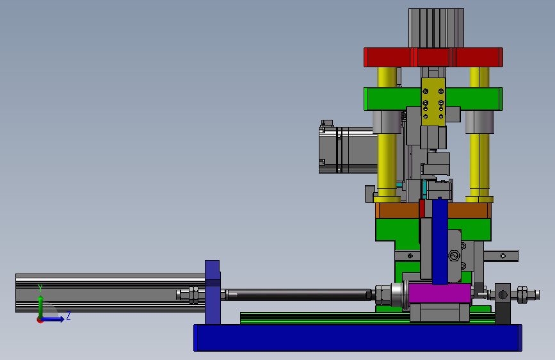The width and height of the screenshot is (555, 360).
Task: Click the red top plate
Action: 433,58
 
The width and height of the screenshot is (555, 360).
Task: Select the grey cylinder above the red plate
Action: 436,28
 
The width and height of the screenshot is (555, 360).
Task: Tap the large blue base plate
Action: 357,338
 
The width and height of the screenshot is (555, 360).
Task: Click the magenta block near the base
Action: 440,293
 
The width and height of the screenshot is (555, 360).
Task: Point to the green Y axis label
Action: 40,288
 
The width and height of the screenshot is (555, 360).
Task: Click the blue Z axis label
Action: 68,316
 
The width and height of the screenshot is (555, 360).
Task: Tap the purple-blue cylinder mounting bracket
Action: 213,292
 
